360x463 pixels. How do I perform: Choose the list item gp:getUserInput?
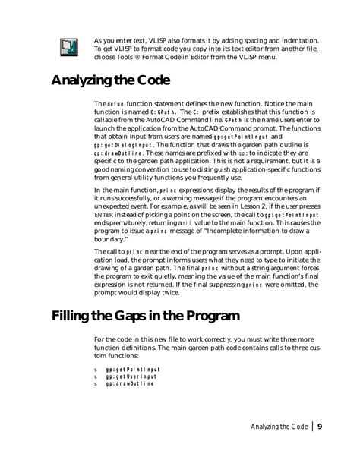click(130, 376)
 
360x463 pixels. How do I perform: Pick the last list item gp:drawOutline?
click(129, 383)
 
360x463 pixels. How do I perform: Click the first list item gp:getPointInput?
click(131, 368)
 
